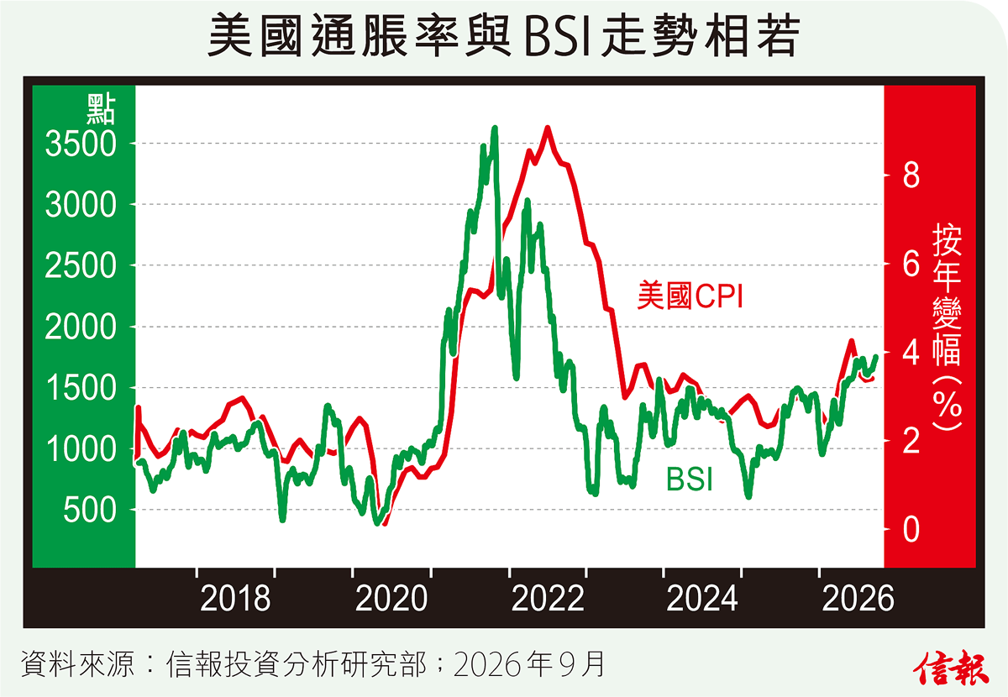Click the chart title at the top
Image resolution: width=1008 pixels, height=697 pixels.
(x=504, y=35)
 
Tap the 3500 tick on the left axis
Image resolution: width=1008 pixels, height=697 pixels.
(x=81, y=144)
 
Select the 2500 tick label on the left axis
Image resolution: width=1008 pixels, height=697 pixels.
(x=81, y=265)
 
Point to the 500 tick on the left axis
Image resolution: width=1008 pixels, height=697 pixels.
(x=90, y=510)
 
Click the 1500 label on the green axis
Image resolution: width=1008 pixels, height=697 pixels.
(x=81, y=388)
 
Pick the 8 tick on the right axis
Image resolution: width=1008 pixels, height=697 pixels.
(x=911, y=176)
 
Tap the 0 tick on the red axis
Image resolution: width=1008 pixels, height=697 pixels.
(x=911, y=530)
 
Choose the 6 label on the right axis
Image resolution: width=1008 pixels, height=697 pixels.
(x=911, y=265)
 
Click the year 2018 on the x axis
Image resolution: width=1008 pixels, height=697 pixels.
(x=235, y=599)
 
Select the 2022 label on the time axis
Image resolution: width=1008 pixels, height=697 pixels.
(x=548, y=599)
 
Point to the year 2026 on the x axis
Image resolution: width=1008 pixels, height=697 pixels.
(x=858, y=599)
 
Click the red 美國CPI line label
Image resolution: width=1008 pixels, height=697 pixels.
(x=690, y=296)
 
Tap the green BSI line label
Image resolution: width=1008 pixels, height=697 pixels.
(x=690, y=479)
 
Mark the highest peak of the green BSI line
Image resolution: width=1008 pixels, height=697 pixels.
(x=495, y=128)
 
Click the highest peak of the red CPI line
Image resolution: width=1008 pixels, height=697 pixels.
(x=548, y=128)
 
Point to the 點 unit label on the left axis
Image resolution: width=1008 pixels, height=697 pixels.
(x=102, y=109)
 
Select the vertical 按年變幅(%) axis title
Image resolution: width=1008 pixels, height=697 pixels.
(x=948, y=328)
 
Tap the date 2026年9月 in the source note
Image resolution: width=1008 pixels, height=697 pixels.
(x=528, y=664)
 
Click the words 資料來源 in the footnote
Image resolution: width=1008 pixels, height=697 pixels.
(x=77, y=664)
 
